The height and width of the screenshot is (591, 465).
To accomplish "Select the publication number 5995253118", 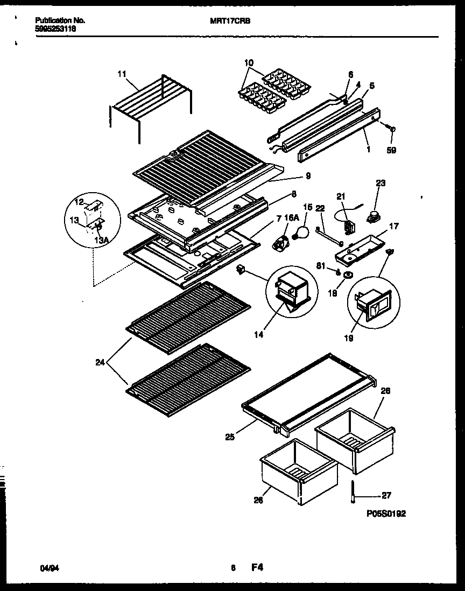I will (x=55, y=30).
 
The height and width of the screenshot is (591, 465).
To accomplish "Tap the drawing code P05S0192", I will (x=386, y=514).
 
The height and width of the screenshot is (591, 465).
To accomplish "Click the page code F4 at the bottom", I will (x=257, y=567).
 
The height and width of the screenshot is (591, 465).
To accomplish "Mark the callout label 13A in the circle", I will (x=102, y=241).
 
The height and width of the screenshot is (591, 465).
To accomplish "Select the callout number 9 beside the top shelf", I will (x=308, y=175).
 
